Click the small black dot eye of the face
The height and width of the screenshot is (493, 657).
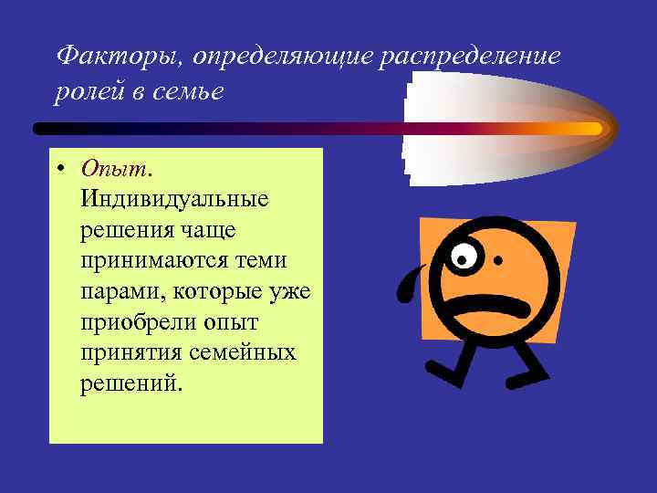tap(497, 260)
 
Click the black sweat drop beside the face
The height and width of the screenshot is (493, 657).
tap(408, 283)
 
